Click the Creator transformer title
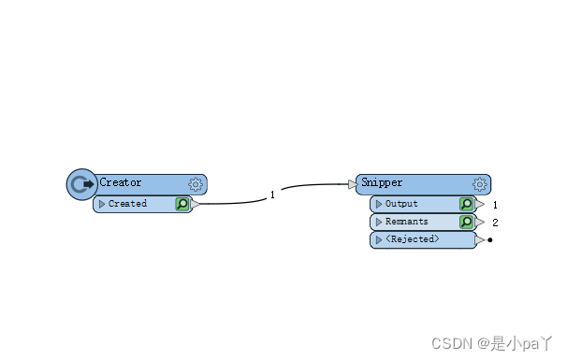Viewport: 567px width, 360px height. coord(121,183)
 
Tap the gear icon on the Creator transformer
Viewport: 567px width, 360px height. coord(196,184)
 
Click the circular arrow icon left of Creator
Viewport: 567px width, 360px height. coord(81,184)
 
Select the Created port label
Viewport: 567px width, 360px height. coord(127,204)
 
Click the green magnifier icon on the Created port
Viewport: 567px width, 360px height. coord(182,204)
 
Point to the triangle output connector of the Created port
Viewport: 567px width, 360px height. coord(196,204)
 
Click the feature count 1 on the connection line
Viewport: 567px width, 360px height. coord(272,194)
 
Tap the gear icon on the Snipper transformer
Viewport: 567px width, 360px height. coord(480,184)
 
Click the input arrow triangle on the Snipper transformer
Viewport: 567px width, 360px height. coord(353,184)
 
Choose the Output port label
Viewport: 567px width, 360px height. coord(401,204)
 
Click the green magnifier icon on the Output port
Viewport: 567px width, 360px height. coord(466,204)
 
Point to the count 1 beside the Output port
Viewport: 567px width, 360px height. coord(495,204)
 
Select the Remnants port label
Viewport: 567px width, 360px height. coord(407,222)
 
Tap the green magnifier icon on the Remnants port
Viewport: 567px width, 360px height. coord(466,222)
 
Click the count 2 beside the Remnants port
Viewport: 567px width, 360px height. coord(495,223)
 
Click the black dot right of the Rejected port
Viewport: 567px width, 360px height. coord(490,240)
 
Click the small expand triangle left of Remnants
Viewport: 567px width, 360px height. coord(379,222)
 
